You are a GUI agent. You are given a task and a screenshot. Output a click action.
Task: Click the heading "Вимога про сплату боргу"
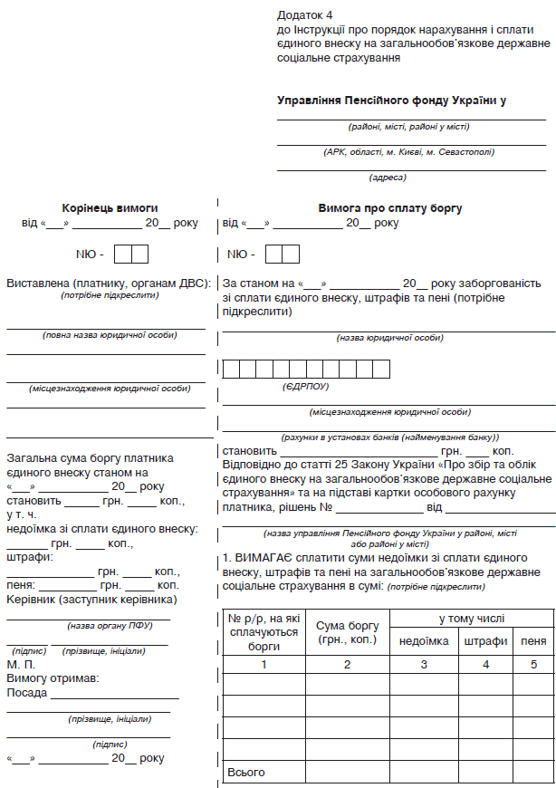[x=389, y=207]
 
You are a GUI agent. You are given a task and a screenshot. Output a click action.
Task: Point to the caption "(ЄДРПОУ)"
[x=305, y=386]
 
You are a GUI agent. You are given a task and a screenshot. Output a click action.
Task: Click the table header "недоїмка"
[x=424, y=640]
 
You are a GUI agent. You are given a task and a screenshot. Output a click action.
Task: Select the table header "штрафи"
[x=485, y=640]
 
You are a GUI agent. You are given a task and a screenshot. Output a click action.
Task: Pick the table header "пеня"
[x=533, y=640]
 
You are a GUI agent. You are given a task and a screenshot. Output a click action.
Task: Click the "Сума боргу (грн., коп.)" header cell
[x=347, y=632]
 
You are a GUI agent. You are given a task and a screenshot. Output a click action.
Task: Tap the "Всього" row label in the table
[x=245, y=772]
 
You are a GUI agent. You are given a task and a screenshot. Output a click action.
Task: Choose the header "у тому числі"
[x=471, y=619]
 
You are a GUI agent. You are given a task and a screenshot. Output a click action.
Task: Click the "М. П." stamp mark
[x=20, y=664]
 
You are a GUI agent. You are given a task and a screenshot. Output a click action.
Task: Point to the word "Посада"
[x=27, y=693]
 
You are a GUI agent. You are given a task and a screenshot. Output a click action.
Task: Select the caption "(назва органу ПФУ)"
[x=110, y=625]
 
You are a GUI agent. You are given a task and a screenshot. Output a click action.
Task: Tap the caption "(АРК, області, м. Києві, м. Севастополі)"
[x=409, y=152]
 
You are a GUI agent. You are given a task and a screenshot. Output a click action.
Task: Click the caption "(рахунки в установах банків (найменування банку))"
[x=389, y=437]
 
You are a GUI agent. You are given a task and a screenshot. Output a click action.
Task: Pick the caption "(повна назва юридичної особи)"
[x=110, y=335]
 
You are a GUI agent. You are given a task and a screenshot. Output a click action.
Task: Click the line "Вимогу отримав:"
[x=53, y=678]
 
